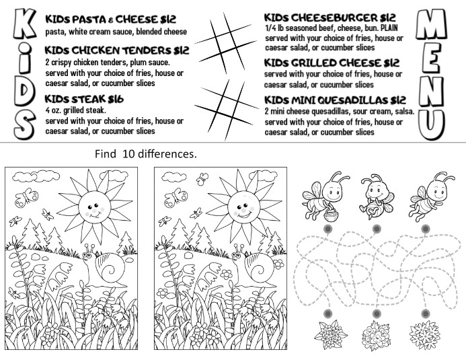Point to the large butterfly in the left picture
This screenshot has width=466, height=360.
(28, 196)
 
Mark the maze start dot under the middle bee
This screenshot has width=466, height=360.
(377, 229)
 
